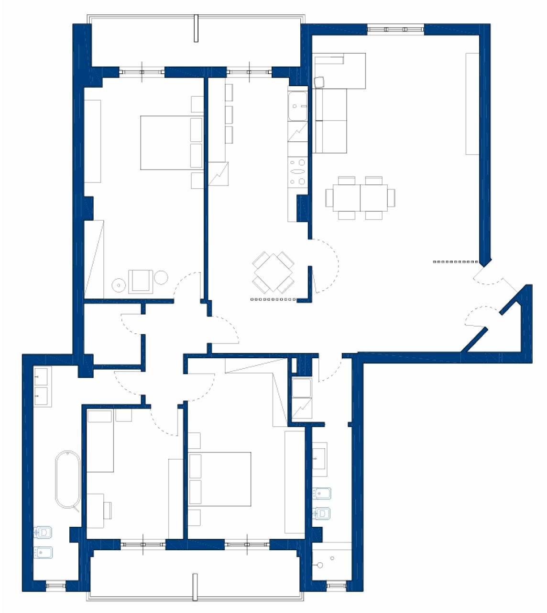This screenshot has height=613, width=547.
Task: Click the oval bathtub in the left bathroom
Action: click(67, 479)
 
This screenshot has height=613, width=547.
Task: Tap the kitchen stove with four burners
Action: click(297, 171)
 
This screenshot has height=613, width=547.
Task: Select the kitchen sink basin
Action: click(297, 107)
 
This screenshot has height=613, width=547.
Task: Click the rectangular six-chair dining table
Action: click(360, 197)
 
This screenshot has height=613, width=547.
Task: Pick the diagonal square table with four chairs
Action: click(273, 272)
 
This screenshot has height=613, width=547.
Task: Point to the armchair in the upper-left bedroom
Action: click(141, 281)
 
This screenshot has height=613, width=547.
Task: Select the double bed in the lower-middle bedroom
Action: click(220, 479)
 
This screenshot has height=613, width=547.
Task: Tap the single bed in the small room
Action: click(100, 441)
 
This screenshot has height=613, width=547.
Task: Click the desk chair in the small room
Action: click(108, 510)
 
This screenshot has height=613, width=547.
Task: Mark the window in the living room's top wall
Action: click(395, 29)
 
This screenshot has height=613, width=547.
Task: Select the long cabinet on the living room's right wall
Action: click(472, 103)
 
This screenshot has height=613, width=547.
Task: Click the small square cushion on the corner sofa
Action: click(319, 82)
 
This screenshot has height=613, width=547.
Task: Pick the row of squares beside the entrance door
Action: click(456, 262)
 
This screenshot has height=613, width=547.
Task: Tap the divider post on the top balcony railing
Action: click(196, 28)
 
